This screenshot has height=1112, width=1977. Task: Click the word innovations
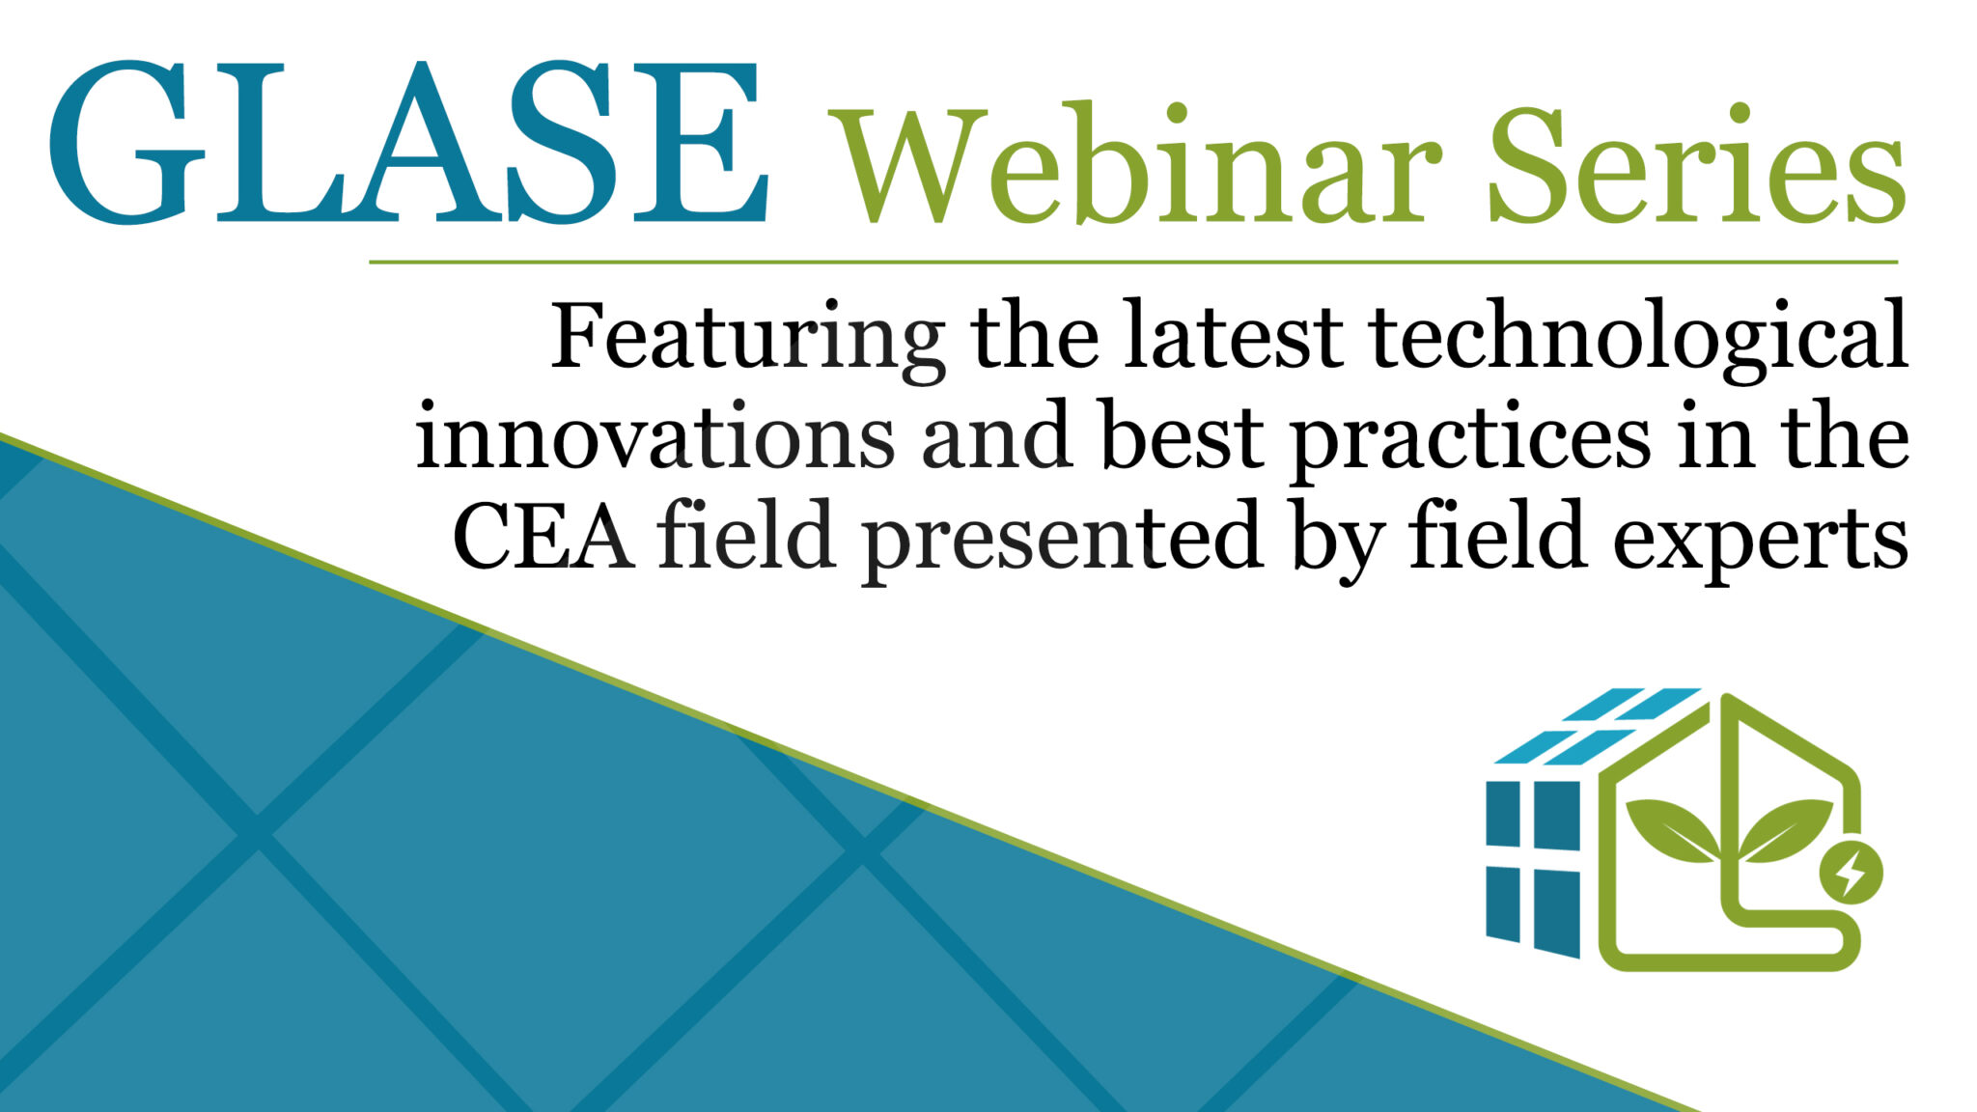[x=655, y=439]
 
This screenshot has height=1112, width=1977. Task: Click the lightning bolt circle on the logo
[x=1850, y=873]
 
